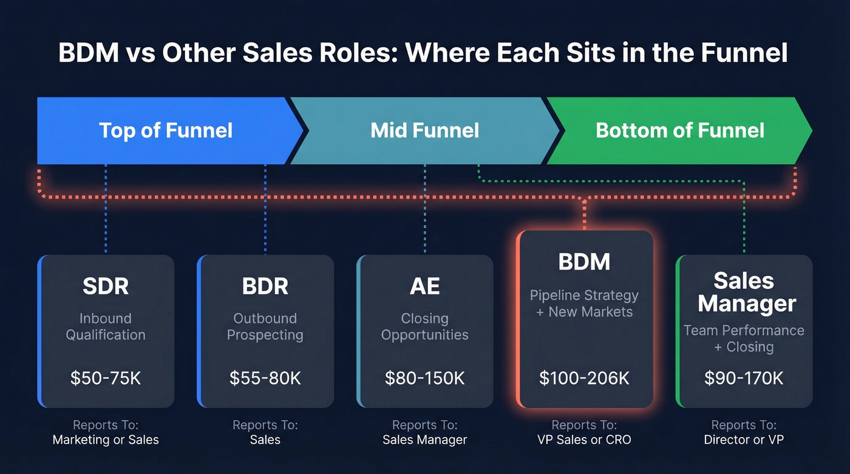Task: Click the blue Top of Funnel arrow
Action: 165,130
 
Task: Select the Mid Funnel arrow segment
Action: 424,130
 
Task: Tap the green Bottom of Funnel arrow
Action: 679,130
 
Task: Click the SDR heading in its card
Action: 106,286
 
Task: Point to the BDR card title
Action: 265,286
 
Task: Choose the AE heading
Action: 424,286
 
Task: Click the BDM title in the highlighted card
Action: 584,262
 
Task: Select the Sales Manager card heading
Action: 746,292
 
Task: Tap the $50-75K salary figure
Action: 106,379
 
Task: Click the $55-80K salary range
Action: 265,379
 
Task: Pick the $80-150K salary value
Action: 424,379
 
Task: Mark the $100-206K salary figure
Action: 584,379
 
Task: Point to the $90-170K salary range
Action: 744,379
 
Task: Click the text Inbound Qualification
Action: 106,327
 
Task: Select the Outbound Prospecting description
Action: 265,327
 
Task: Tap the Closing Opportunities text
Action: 424,327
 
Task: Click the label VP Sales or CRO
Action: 584,439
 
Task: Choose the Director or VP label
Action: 744,439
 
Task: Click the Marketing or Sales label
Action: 106,439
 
